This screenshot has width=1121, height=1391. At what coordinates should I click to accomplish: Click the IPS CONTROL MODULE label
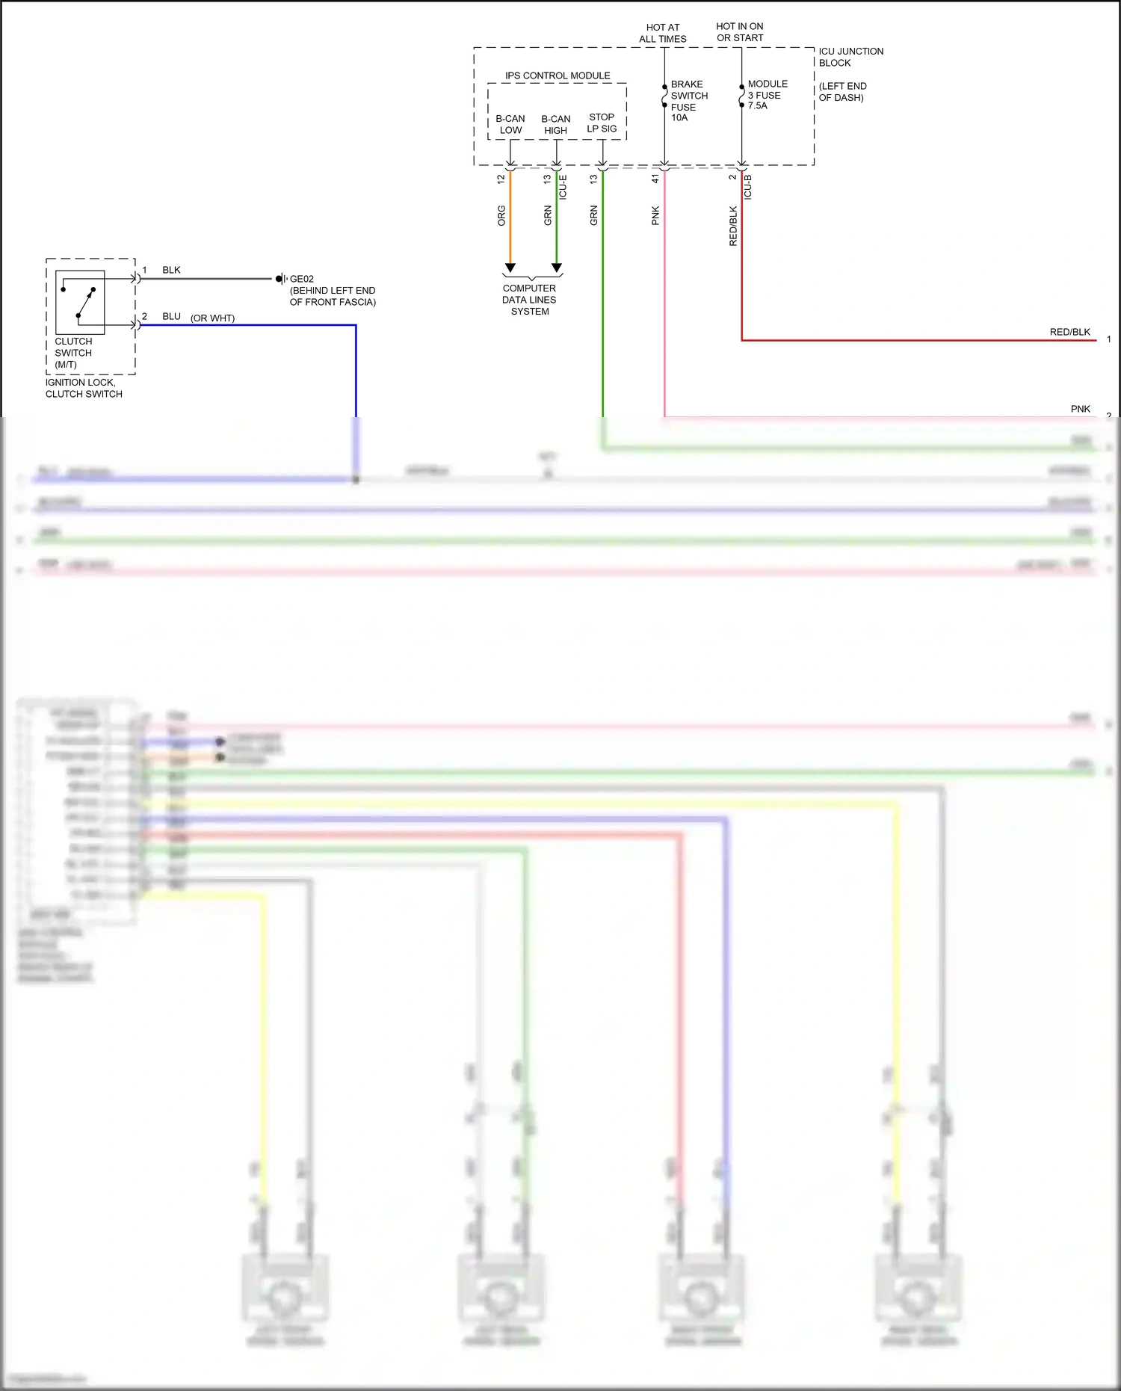558,75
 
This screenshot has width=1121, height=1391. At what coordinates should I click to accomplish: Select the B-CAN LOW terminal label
510,124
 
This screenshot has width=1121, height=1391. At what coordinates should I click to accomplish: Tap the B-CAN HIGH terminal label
555,124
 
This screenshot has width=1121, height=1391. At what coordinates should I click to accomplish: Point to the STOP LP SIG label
602,123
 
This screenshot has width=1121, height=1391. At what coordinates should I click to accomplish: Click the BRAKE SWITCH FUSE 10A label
688,101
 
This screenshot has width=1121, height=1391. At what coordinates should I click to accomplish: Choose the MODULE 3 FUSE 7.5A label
767,95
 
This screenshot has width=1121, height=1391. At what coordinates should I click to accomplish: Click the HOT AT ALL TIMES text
663,33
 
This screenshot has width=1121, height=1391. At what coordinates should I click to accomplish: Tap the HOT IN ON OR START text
740,32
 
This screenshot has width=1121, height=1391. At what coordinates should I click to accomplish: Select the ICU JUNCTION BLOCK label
850,57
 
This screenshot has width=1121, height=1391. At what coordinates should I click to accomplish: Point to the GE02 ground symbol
281,279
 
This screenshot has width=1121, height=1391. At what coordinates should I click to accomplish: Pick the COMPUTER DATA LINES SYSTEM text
529,300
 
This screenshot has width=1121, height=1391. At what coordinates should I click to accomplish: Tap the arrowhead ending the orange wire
510,268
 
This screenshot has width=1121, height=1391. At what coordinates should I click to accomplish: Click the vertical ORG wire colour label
501,215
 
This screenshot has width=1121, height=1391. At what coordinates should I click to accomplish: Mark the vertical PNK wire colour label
655,215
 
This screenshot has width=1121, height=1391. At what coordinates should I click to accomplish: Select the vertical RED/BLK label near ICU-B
733,226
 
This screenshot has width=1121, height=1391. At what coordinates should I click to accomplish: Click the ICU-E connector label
563,187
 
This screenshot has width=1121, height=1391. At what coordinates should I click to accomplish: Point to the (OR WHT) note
212,318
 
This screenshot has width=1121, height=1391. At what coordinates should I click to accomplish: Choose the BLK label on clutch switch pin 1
171,270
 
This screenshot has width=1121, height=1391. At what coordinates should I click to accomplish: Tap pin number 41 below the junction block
655,179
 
